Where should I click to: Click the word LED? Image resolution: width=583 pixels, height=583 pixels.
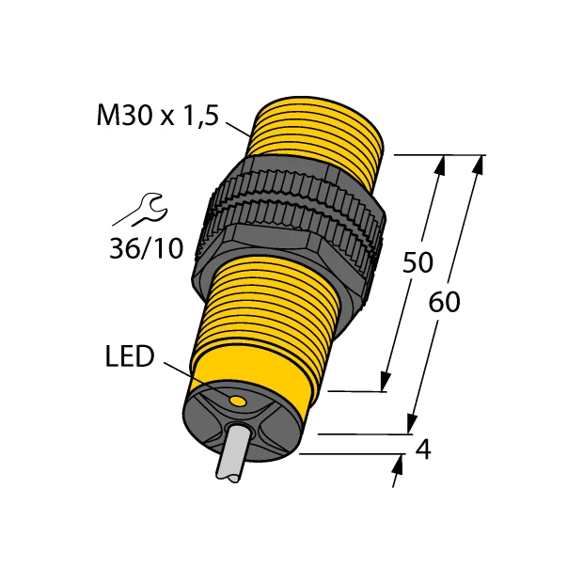click(x=129, y=357)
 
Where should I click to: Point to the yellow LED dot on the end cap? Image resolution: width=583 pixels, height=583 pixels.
click(x=239, y=402)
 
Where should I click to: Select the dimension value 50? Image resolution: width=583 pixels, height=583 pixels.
click(x=418, y=262)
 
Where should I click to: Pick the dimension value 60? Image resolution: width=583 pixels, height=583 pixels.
click(x=445, y=303)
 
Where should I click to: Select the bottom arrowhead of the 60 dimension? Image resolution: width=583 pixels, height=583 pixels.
click(x=411, y=426)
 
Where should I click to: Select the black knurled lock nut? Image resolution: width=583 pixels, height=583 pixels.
click(x=291, y=221)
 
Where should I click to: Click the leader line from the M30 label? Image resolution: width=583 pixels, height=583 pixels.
click(x=239, y=129)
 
